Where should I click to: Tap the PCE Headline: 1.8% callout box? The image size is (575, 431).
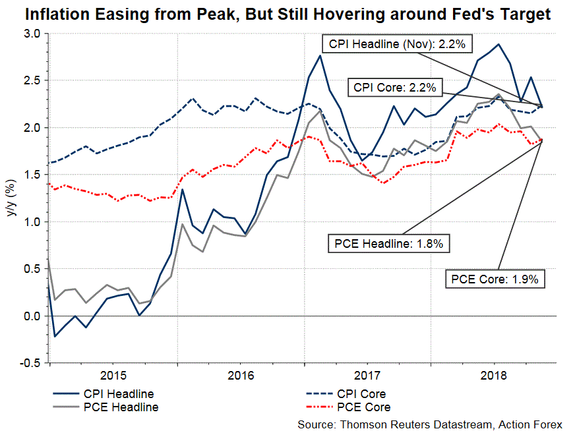(389, 244)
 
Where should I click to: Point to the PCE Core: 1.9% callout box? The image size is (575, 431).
(495, 279)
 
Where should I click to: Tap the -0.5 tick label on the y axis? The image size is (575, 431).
(30, 363)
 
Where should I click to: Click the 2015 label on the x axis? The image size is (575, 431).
(113, 376)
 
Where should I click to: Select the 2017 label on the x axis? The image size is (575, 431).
(367, 376)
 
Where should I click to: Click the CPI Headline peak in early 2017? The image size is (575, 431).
(320, 56)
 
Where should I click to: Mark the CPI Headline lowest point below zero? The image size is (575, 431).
(55, 336)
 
